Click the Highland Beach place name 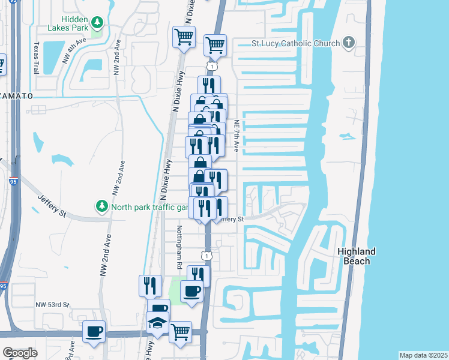click(x=357, y=256)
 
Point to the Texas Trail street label click(x=37, y=58)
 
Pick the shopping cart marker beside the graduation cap click(x=180, y=331)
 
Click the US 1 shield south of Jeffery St click(x=206, y=256)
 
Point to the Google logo click(x=19, y=353)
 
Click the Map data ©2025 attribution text click(x=423, y=355)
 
